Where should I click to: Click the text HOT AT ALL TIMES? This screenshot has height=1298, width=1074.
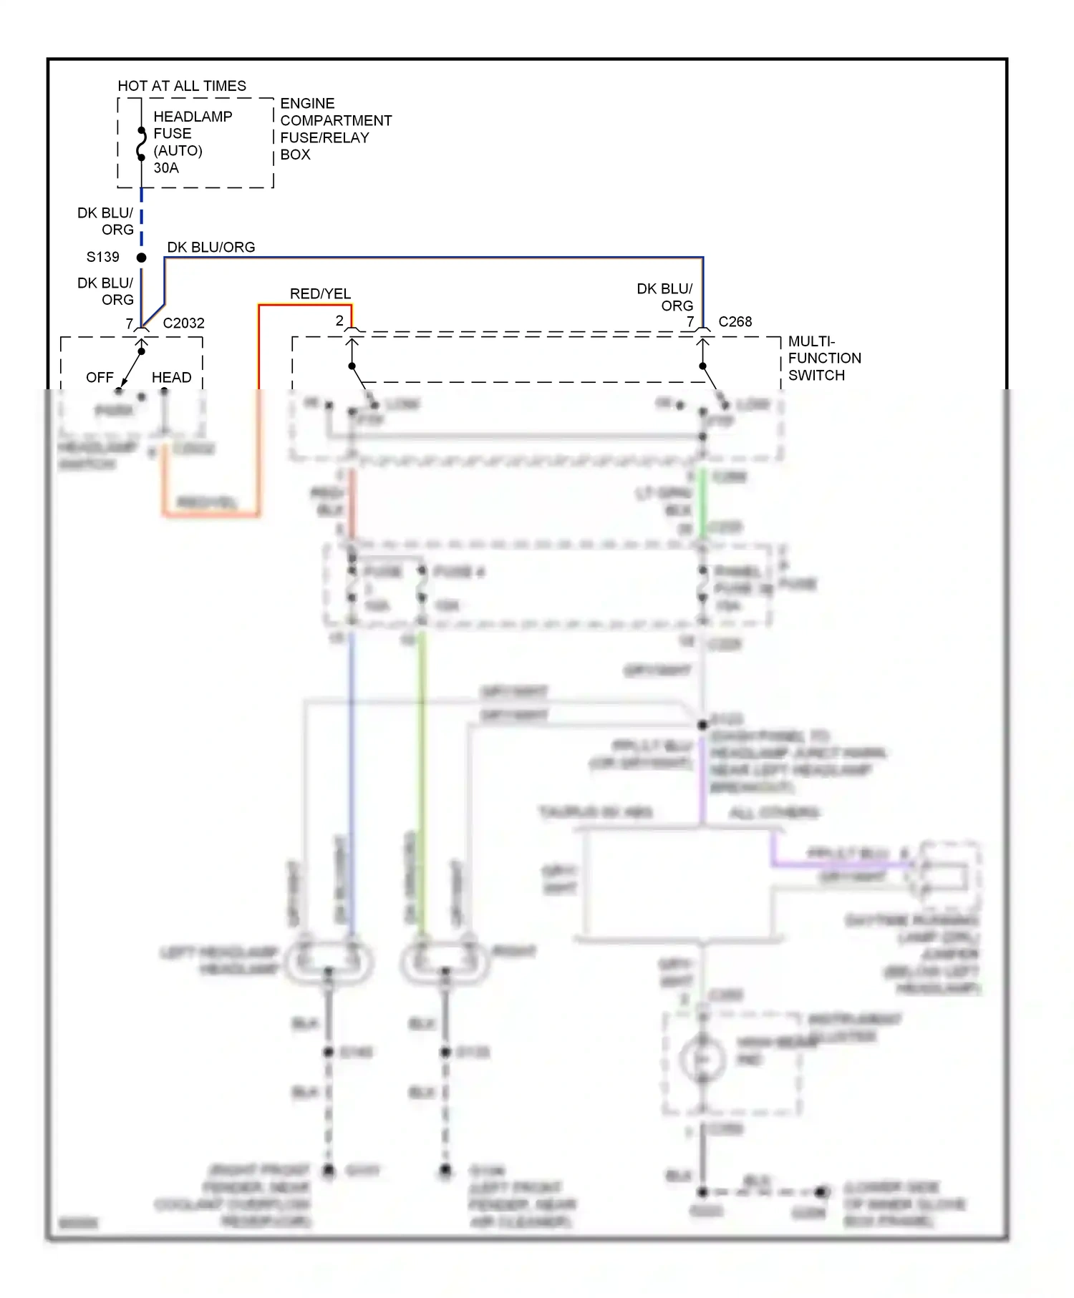182,86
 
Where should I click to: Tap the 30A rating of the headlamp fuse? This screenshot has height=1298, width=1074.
166,168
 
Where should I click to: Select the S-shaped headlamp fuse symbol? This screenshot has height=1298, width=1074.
142,144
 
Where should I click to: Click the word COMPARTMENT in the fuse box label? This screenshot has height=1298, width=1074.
336,120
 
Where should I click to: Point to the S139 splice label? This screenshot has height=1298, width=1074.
102,257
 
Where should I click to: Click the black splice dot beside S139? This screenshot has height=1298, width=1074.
142,258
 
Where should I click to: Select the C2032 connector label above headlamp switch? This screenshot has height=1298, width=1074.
183,323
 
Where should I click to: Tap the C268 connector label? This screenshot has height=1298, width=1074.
735,322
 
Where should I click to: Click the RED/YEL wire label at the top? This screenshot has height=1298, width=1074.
320,294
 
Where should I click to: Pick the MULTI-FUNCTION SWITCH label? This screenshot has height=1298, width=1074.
824,358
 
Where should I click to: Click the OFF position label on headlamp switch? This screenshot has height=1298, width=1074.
100,378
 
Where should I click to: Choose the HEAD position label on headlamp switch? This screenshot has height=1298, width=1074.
171,378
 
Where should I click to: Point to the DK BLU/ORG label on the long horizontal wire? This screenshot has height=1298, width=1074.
211,248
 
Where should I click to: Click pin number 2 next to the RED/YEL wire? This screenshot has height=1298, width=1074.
339,321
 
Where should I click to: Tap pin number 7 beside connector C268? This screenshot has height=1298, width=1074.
690,322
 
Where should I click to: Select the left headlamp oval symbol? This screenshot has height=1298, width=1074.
329,962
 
